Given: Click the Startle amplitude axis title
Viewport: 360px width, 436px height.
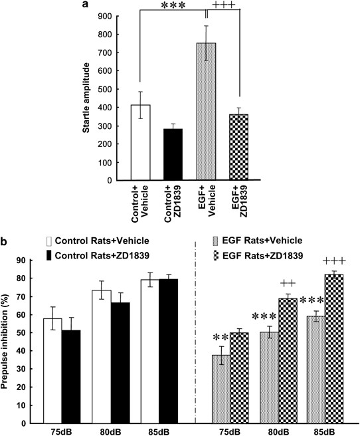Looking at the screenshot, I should tap(86, 94).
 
